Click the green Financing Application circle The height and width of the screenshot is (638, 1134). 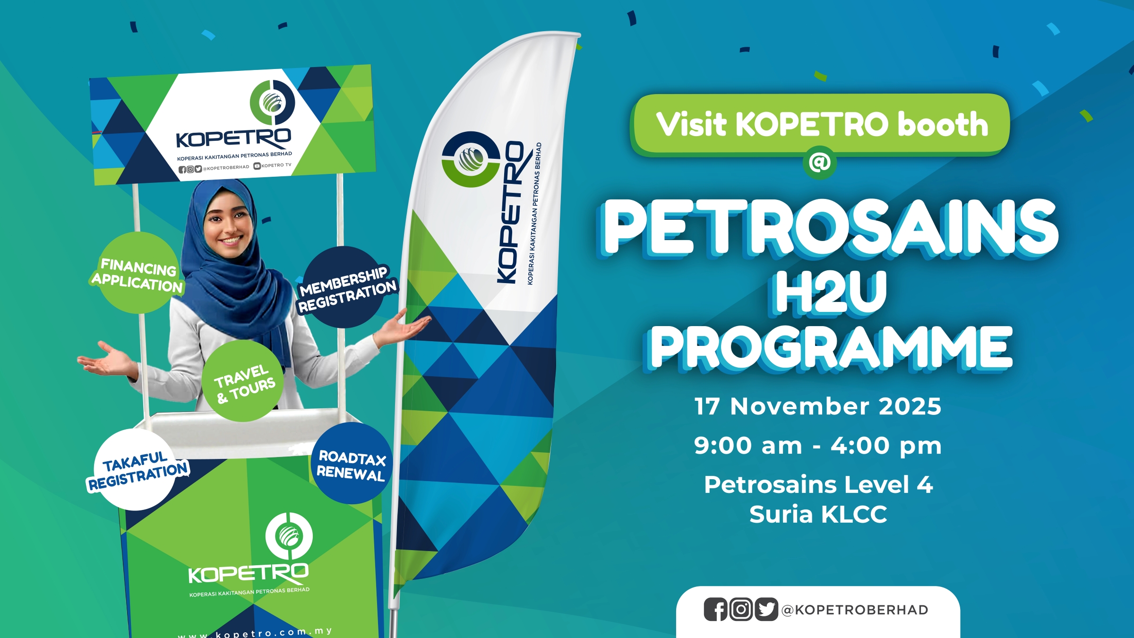click(x=137, y=273)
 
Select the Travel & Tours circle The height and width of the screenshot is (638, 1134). click(x=243, y=381)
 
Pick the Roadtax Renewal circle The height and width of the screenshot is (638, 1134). click(x=352, y=463)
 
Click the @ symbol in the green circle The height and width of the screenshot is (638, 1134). click(x=820, y=163)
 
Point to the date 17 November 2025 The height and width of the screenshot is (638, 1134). click(x=818, y=406)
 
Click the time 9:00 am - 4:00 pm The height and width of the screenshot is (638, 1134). click(x=818, y=446)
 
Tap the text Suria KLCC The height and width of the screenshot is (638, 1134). click(x=818, y=514)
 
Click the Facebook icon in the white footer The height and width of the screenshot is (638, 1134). click(x=716, y=610)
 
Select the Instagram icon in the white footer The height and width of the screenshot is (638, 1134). click(x=741, y=610)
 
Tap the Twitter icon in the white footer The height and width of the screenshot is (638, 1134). click(x=766, y=610)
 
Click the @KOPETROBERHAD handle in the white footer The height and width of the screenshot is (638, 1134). click(x=855, y=610)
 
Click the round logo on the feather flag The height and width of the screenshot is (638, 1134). click(x=471, y=159)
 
